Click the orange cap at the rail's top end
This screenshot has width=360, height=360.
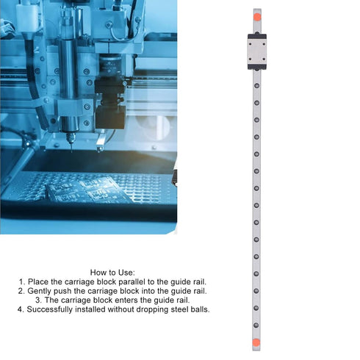257,17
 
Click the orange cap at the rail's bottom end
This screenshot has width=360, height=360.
256,342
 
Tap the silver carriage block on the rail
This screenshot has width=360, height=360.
257,51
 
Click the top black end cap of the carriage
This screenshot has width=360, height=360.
257,37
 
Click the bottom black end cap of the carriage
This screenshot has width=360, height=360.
257,67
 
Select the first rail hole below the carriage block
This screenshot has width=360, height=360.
257,85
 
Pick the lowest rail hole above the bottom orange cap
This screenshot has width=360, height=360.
256,325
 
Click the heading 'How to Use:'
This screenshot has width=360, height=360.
112,273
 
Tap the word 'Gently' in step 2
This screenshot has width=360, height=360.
39,291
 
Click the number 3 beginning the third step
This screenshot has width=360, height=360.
37,300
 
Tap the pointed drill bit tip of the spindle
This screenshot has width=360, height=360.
71,151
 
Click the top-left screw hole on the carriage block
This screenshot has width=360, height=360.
251,44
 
